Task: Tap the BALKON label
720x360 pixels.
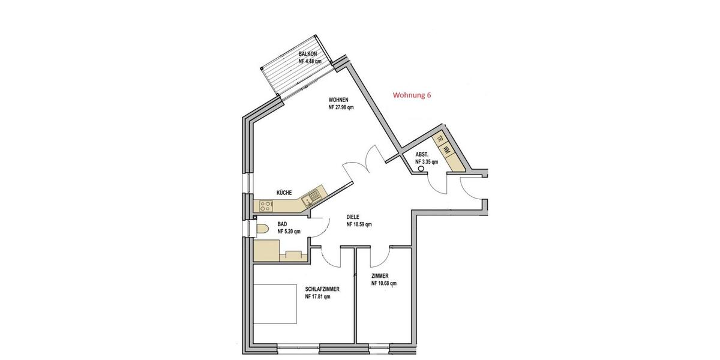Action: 308,54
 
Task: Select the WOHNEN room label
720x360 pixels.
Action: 338,100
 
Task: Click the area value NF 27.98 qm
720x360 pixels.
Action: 341,108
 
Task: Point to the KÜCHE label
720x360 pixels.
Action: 284,193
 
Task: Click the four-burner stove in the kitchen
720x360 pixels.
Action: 266,206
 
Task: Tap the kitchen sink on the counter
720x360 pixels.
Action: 313,195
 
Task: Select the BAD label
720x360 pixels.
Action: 282,224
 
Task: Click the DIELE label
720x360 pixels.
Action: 353,217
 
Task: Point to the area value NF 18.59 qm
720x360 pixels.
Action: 359,225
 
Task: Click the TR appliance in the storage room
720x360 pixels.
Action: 440,140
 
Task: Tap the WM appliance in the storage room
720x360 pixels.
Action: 448,152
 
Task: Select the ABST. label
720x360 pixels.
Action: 422,154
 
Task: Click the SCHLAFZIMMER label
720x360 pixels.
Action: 322,289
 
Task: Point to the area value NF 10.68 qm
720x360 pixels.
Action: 383,284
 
